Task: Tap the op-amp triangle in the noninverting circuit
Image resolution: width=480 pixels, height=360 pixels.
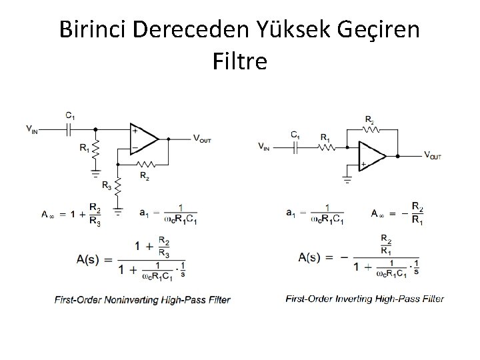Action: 143,139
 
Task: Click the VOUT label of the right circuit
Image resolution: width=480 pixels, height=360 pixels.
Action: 432,155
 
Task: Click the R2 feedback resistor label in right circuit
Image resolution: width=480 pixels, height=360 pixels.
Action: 369,120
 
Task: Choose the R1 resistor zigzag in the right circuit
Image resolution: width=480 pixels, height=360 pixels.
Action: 326,148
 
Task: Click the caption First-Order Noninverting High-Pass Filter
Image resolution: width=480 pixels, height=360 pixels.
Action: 142,300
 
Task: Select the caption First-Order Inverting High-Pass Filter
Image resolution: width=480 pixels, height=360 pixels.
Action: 365,299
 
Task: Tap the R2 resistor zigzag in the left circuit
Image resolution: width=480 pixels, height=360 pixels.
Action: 144,163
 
